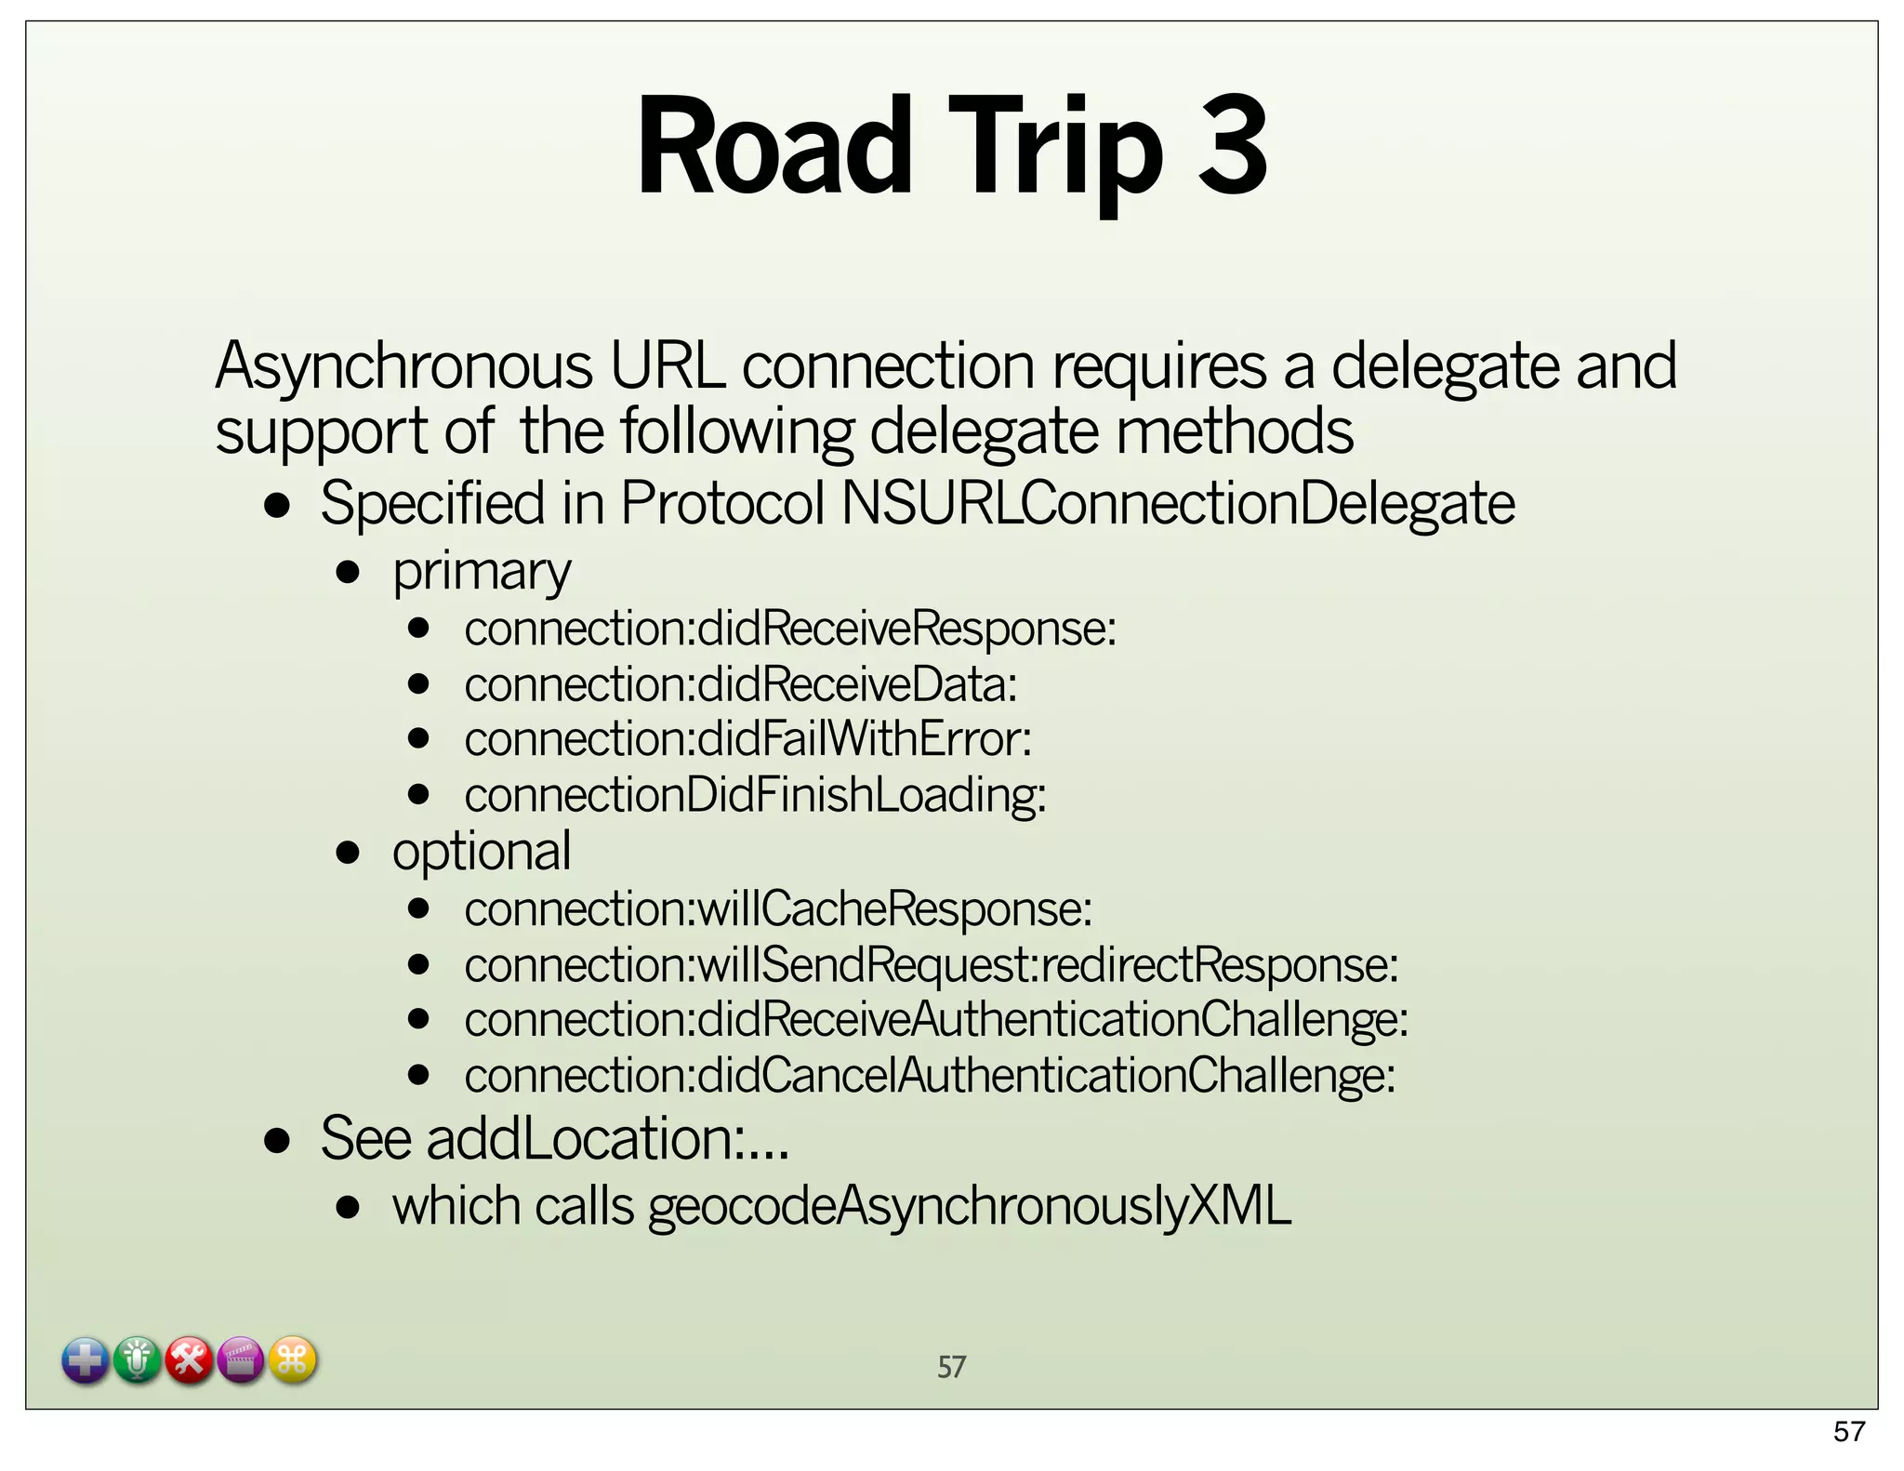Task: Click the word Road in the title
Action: pos(773,146)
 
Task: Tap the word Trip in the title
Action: pos(1055,149)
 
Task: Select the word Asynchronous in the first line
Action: pos(403,365)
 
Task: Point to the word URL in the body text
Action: pos(667,365)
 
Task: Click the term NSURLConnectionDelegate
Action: pos(1178,504)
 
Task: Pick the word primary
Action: pos(482,572)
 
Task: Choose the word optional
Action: pos(482,852)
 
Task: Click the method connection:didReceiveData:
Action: pos(741,685)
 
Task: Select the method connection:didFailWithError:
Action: pos(747,740)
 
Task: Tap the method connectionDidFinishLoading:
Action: pos(755,796)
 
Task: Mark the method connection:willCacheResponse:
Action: pos(778,908)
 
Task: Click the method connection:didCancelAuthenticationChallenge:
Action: pos(930,1076)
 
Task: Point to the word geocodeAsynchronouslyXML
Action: pos(970,1206)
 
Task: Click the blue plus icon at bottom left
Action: pos(86,1361)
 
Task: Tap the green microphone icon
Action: pos(138,1361)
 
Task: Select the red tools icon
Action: pos(190,1361)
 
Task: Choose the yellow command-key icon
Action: pos(293,1361)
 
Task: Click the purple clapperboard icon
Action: pos(241,1361)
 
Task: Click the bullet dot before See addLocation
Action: pos(277,1140)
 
